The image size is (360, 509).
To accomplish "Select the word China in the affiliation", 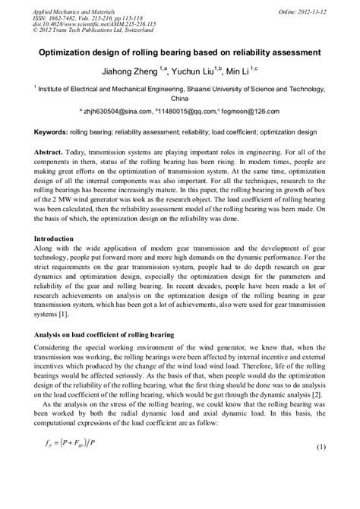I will point(180,98).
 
